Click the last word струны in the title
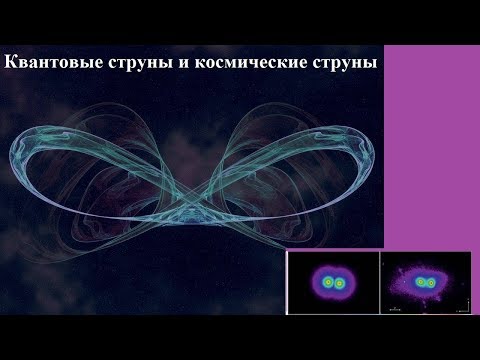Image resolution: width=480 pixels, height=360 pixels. click(x=346, y=64)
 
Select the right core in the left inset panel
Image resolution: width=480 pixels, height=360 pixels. click(x=340, y=283)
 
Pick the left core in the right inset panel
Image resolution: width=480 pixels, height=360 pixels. click(x=421, y=283)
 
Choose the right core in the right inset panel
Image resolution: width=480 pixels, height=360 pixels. click(x=434, y=283)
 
